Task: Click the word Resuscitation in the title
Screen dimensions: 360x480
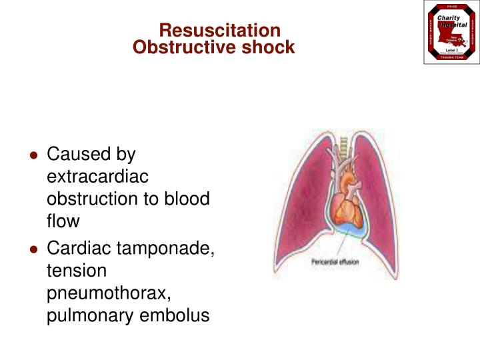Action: pos(219,31)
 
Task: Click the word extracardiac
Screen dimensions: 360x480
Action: pos(97,177)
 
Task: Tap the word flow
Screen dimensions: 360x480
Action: pos(63,221)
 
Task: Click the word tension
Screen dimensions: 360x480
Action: pos(76,271)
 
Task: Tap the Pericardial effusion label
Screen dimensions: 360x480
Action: pos(335,262)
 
